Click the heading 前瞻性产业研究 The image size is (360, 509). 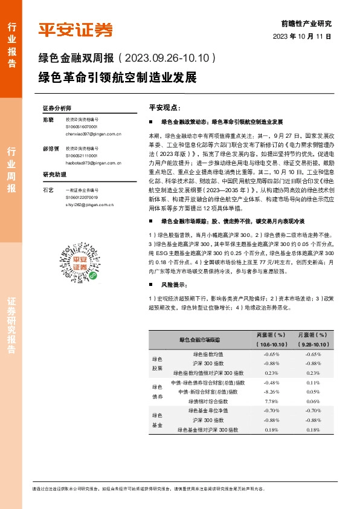coord(307,24)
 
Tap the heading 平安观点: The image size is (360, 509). coord(165,107)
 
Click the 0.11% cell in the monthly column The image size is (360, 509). coord(313,383)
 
